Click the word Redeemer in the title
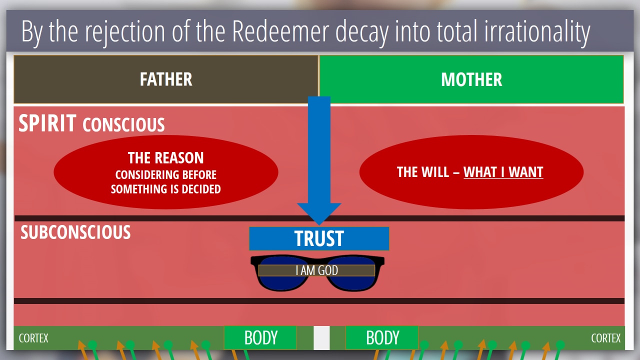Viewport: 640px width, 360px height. pos(280,31)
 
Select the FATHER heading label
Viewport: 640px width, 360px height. pos(166,79)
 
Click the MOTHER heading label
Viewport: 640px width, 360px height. pos(471,79)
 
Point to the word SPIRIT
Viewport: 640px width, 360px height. pos(47,123)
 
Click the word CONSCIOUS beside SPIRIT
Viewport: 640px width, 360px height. pos(123,124)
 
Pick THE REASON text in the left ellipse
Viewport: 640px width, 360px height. pos(165,157)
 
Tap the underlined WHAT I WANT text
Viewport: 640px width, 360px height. pos(503,172)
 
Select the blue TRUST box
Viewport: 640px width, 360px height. pos(319,238)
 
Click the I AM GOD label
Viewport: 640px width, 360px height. pos(316,270)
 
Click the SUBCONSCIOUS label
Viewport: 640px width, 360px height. pos(75,232)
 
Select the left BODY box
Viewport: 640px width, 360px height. pos(260,337)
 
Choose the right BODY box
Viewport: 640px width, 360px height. pos(382,337)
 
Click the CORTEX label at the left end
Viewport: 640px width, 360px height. pos(33,338)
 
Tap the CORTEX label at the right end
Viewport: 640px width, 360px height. pos(605,338)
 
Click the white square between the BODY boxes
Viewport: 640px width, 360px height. pos(321,337)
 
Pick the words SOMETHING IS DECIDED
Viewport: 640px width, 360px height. pos(165,189)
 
